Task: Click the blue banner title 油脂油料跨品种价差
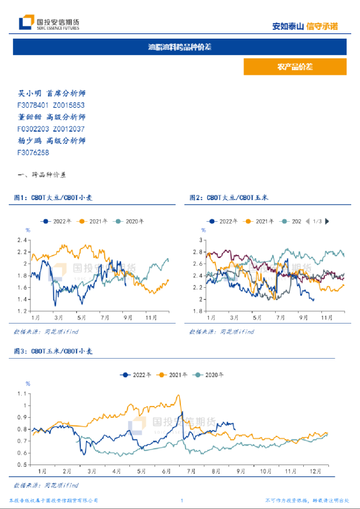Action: coord(180,47)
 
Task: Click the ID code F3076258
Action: coord(33,152)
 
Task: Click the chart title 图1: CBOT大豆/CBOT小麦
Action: coord(53,198)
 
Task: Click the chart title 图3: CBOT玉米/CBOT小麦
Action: coord(53,352)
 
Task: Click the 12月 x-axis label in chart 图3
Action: coord(315,470)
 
